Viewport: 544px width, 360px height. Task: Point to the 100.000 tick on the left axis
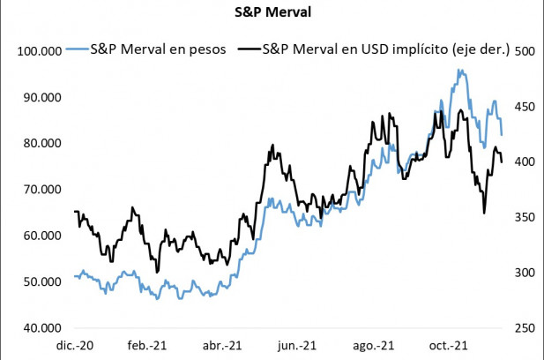click(39, 52)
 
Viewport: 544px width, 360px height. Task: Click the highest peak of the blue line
click(458, 71)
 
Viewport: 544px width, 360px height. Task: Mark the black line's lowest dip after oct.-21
click(484, 213)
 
